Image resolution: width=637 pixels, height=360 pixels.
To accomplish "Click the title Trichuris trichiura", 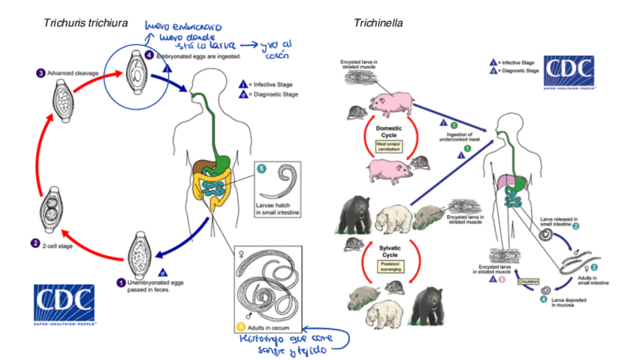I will click(85, 23).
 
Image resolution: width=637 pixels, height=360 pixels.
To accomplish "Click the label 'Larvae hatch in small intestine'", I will click(277, 212).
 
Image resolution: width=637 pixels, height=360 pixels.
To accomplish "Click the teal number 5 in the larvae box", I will click(261, 168).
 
